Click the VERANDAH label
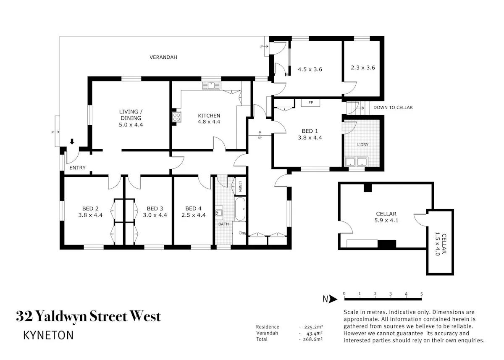pyautogui.click(x=163, y=58)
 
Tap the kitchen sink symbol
pyautogui.click(x=211, y=86)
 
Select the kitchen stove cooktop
pyautogui.click(x=177, y=117)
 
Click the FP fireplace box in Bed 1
pyautogui.click(x=310, y=102)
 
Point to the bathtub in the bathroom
pyautogui.click(x=240, y=209)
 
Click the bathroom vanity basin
pyautogui.click(x=219, y=213)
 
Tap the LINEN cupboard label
pyautogui.click(x=240, y=186)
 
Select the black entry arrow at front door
pyautogui.click(x=72, y=141)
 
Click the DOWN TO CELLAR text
pyautogui.click(x=393, y=108)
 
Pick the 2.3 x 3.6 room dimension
pyautogui.click(x=363, y=68)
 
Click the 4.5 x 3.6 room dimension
pyautogui.click(x=310, y=69)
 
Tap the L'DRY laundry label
pyautogui.click(x=363, y=145)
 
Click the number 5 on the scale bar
pyautogui.click(x=421, y=294)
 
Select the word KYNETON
pyautogui.click(x=48, y=335)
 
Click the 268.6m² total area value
pyautogui.click(x=313, y=339)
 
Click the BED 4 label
pyautogui.click(x=193, y=209)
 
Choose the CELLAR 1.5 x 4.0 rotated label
pyautogui.click(x=440, y=244)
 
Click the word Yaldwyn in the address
pyautogui.click(x=62, y=316)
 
